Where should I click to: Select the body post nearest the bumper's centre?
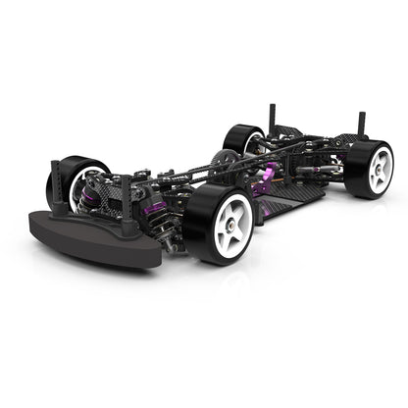[x=127, y=201]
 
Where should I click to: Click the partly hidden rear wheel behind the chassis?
[x=238, y=138]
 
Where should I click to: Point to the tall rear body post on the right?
[x=362, y=124]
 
